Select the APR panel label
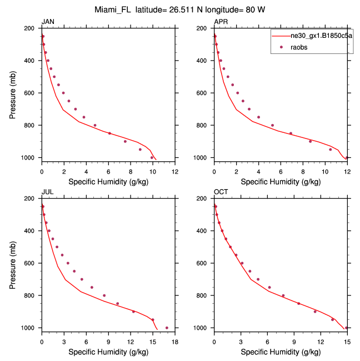[x=221, y=22]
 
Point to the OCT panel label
[x=221, y=192]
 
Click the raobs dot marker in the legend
[x=282, y=47]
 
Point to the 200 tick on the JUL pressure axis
[x=31, y=198]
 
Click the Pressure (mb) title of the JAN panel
[x=13, y=92]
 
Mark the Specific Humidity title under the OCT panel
[x=280, y=352]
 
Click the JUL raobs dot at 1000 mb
[x=167, y=328]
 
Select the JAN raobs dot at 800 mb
[x=95, y=125]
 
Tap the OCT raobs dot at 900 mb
[x=315, y=311]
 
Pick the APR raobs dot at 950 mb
[x=330, y=149]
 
